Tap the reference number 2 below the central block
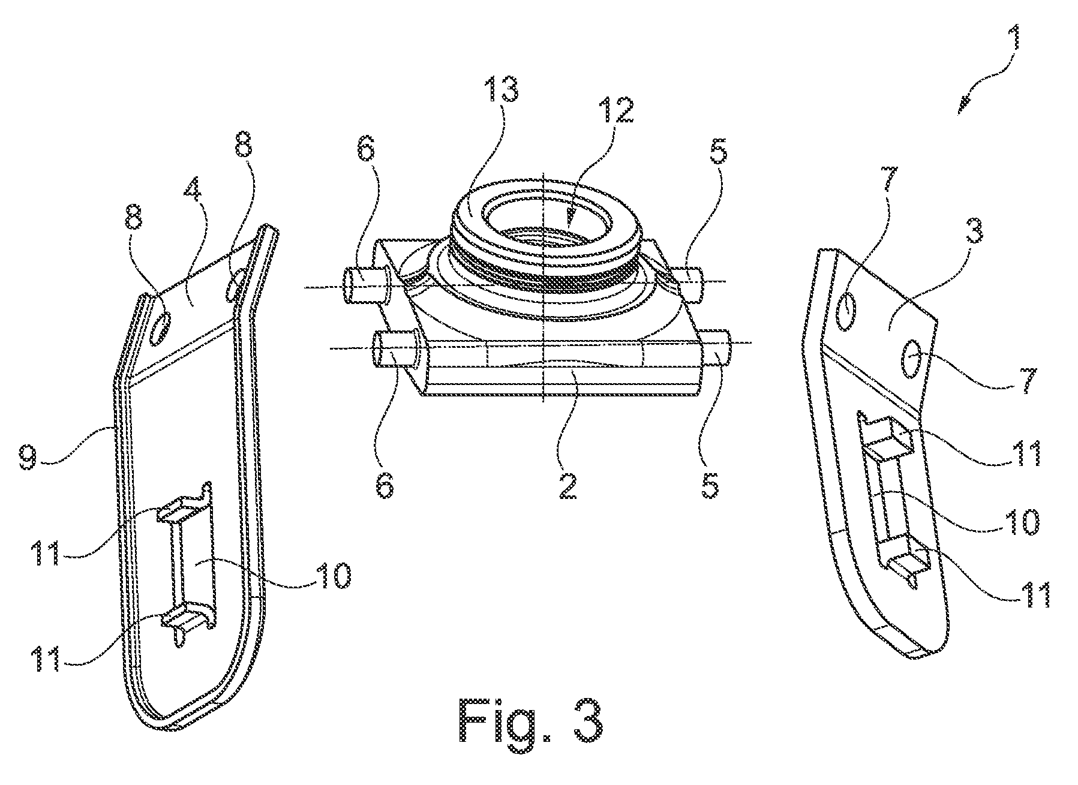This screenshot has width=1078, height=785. coord(566,483)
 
